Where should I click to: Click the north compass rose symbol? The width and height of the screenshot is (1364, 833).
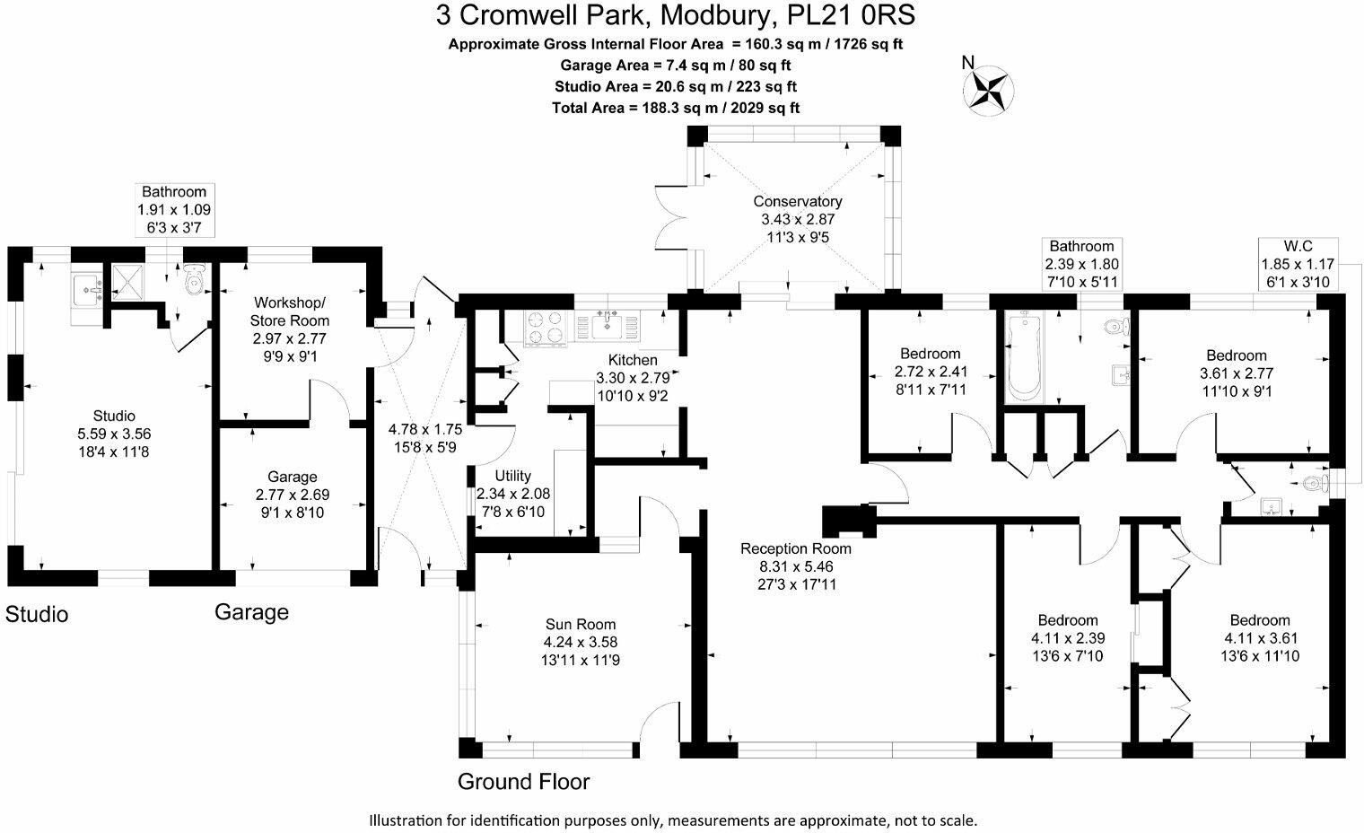coord(989,89)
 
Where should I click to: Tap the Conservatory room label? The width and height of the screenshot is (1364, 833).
coord(798,201)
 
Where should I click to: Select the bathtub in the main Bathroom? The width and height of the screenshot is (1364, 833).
coord(1022,356)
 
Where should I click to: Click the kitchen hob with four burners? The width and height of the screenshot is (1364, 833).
coord(546,328)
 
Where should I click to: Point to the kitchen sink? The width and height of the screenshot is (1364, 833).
coord(613,325)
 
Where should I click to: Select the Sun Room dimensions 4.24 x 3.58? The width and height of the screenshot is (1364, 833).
coord(581,642)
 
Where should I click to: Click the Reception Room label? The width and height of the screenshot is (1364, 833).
coord(796,548)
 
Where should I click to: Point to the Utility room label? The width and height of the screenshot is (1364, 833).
coord(513,476)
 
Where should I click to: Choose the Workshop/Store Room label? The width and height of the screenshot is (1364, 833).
coord(291,311)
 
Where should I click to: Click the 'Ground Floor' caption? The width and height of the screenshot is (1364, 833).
coord(523,782)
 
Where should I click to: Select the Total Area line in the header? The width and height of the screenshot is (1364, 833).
coord(676,108)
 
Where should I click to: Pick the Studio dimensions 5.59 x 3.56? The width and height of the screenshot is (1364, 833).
coord(114,434)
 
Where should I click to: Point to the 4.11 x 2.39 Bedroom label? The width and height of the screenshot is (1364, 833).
coord(1068,638)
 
